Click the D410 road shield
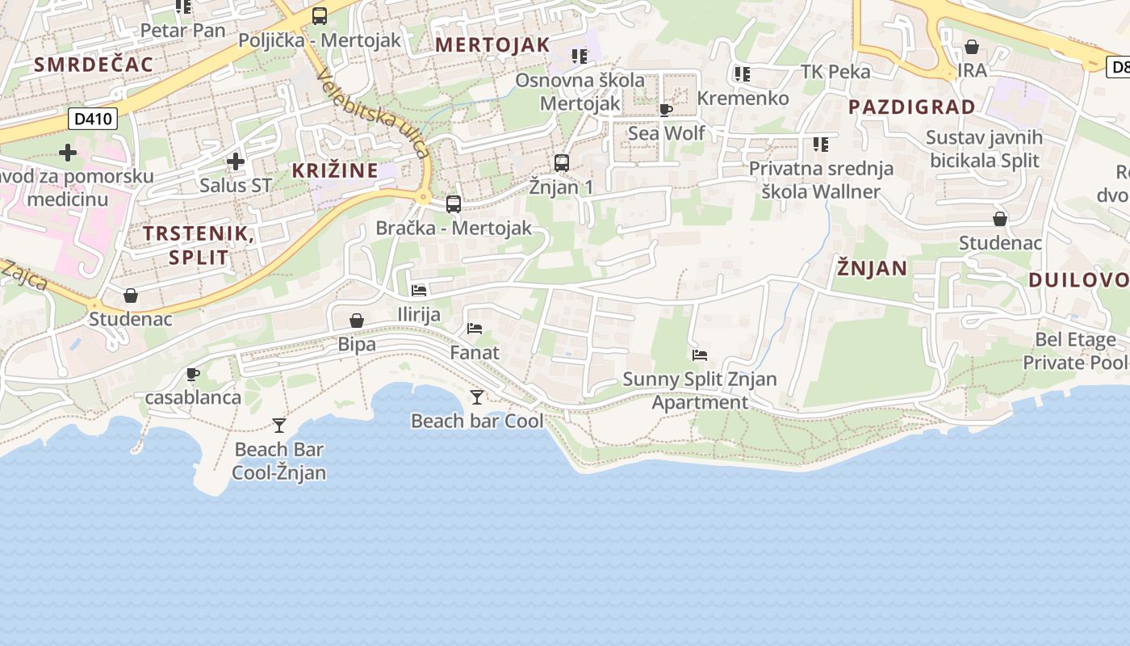[x=94, y=120]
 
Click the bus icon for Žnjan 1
[x=562, y=162]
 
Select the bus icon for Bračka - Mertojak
[x=454, y=203]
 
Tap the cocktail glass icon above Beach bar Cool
[x=477, y=396]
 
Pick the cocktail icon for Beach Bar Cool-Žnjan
[x=279, y=425]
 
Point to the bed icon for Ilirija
[x=419, y=290]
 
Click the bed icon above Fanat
[x=475, y=329]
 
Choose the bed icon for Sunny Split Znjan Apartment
[x=700, y=354]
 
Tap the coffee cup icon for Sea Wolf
[x=666, y=110]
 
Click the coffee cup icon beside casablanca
[x=193, y=374]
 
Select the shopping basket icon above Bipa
[x=357, y=321]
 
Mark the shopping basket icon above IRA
[x=972, y=47]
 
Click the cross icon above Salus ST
[x=236, y=161]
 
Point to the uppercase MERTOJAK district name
[x=492, y=45]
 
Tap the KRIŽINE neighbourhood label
[x=335, y=170]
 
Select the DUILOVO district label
[x=1078, y=280]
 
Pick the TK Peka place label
[x=835, y=72]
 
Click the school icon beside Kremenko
[x=743, y=74]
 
